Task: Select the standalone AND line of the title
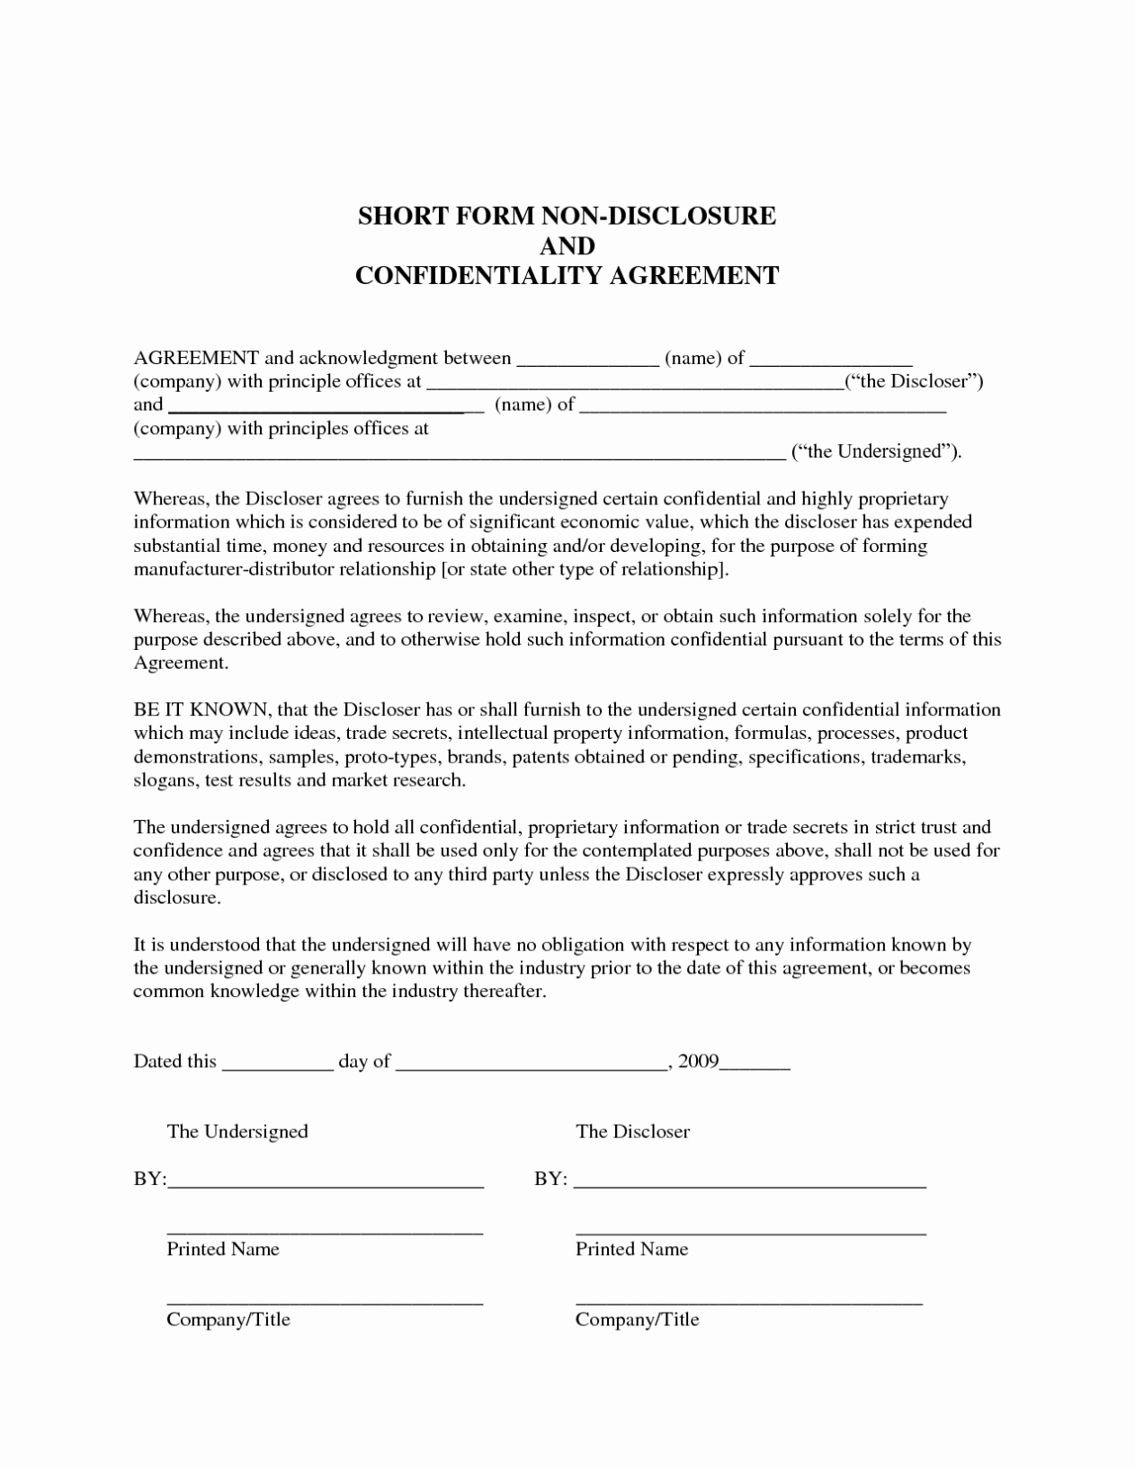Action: (x=567, y=245)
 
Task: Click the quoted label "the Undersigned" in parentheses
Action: (x=875, y=451)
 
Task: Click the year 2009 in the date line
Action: (x=699, y=1061)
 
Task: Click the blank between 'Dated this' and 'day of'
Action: (x=277, y=1065)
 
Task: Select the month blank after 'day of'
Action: (x=531, y=1065)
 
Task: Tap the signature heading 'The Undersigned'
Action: (x=237, y=1131)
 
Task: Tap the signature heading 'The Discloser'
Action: (x=632, y=1131)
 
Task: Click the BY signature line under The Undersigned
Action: (x=326, y=1183)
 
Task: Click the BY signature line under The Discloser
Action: (x=749, y=1183)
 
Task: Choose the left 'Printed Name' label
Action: (x=223, y=1249)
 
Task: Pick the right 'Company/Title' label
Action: (x=637, y=1319)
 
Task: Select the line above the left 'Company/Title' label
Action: (x=325, y=1300)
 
